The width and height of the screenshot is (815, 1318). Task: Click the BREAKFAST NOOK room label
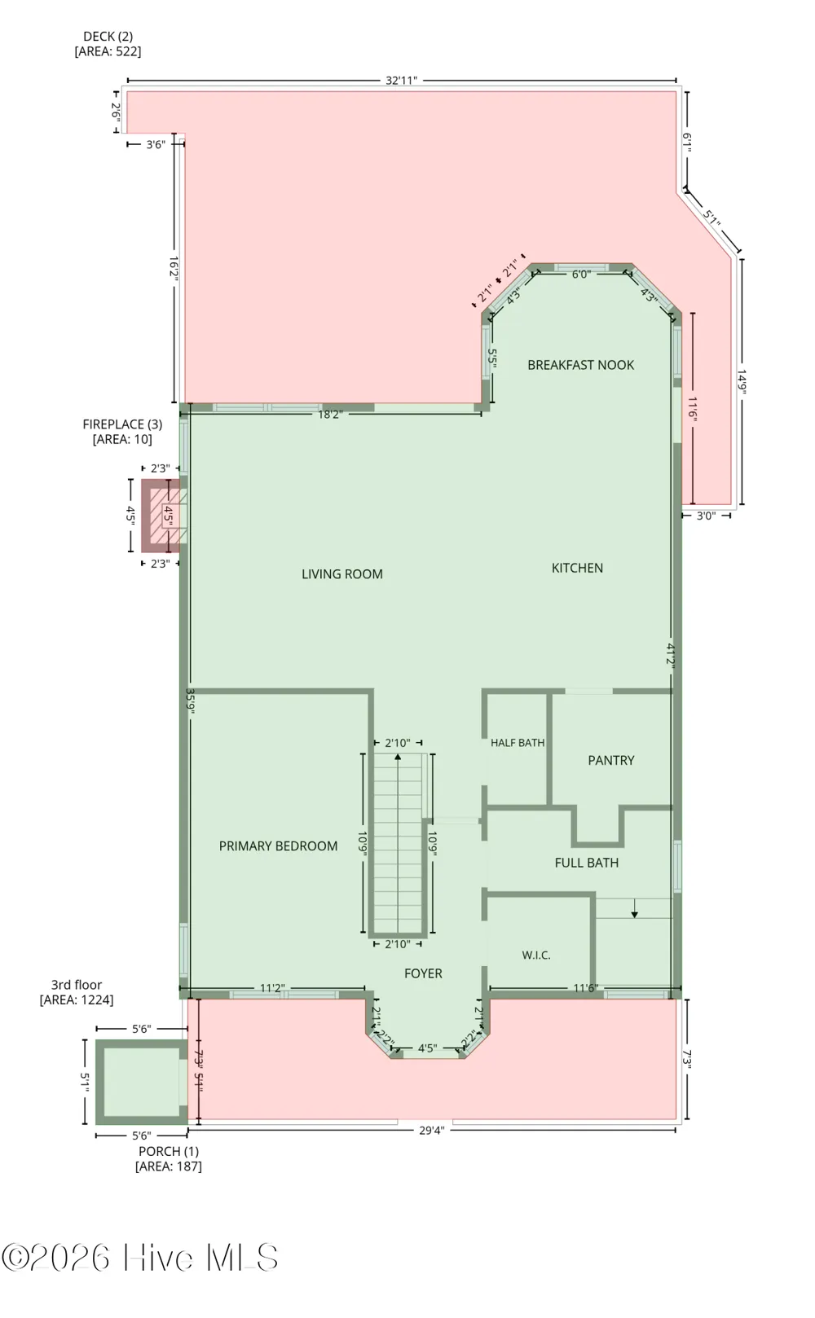[x=580, y=365]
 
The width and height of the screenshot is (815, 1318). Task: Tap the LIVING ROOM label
[x=342, y=573]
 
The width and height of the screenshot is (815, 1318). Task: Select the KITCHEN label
[x=577, y=568]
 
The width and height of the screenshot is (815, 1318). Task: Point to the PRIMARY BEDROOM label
[x=279, y=846]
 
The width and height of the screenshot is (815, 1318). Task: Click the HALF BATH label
[x=518, y=743]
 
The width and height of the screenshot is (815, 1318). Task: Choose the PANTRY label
[x=611, y=760]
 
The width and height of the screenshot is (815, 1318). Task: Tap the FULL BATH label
[x=587, y=863]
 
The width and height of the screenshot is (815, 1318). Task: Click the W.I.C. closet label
[x=536, y=955]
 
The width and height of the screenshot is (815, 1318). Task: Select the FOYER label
[x=423, y=973]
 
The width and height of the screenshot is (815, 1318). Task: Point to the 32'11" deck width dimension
[x=402, y=81]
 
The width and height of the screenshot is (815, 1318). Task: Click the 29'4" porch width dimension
[x=432, y=1130]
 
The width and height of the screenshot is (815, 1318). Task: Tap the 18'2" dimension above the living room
[x=330, y=415]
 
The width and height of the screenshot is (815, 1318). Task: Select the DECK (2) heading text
[x=108, y=37]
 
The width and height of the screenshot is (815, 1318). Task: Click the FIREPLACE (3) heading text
[x=122, y=424]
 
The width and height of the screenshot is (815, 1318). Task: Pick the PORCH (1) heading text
[x=169, y=1151]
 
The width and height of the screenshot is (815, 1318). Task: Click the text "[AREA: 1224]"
[x=77, y=999]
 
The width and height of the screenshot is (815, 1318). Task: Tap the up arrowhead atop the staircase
[x=398, y=757]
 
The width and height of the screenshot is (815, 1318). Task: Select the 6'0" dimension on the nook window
[x=581, y=275]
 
